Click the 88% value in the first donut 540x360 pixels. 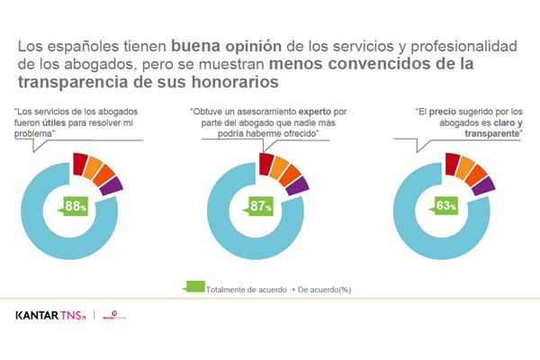click(75, 205)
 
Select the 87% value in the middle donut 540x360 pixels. click(262, 205)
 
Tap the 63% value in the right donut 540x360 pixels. click(446, 205)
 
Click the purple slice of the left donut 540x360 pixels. click(113, 184)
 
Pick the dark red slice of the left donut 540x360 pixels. click(80, 163)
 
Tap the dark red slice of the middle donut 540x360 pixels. click(266, 162)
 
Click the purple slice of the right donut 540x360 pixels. click(484, 184)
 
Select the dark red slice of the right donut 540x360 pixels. click(452, 162)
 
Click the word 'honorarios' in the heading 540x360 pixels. click(229, 81)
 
